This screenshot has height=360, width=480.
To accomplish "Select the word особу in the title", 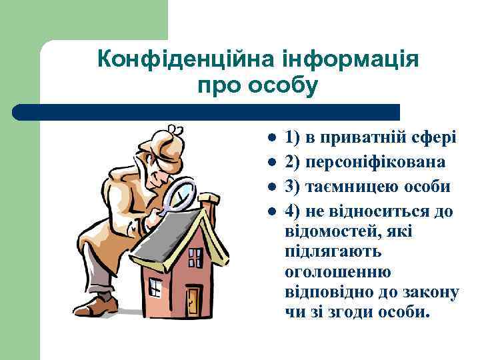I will (x=282, y=86).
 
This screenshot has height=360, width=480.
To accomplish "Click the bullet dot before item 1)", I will (x=272, y=139).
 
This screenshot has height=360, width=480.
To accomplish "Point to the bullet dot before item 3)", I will (x=272, y=187).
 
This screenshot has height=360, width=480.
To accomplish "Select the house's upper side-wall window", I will (x=195, y=257).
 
